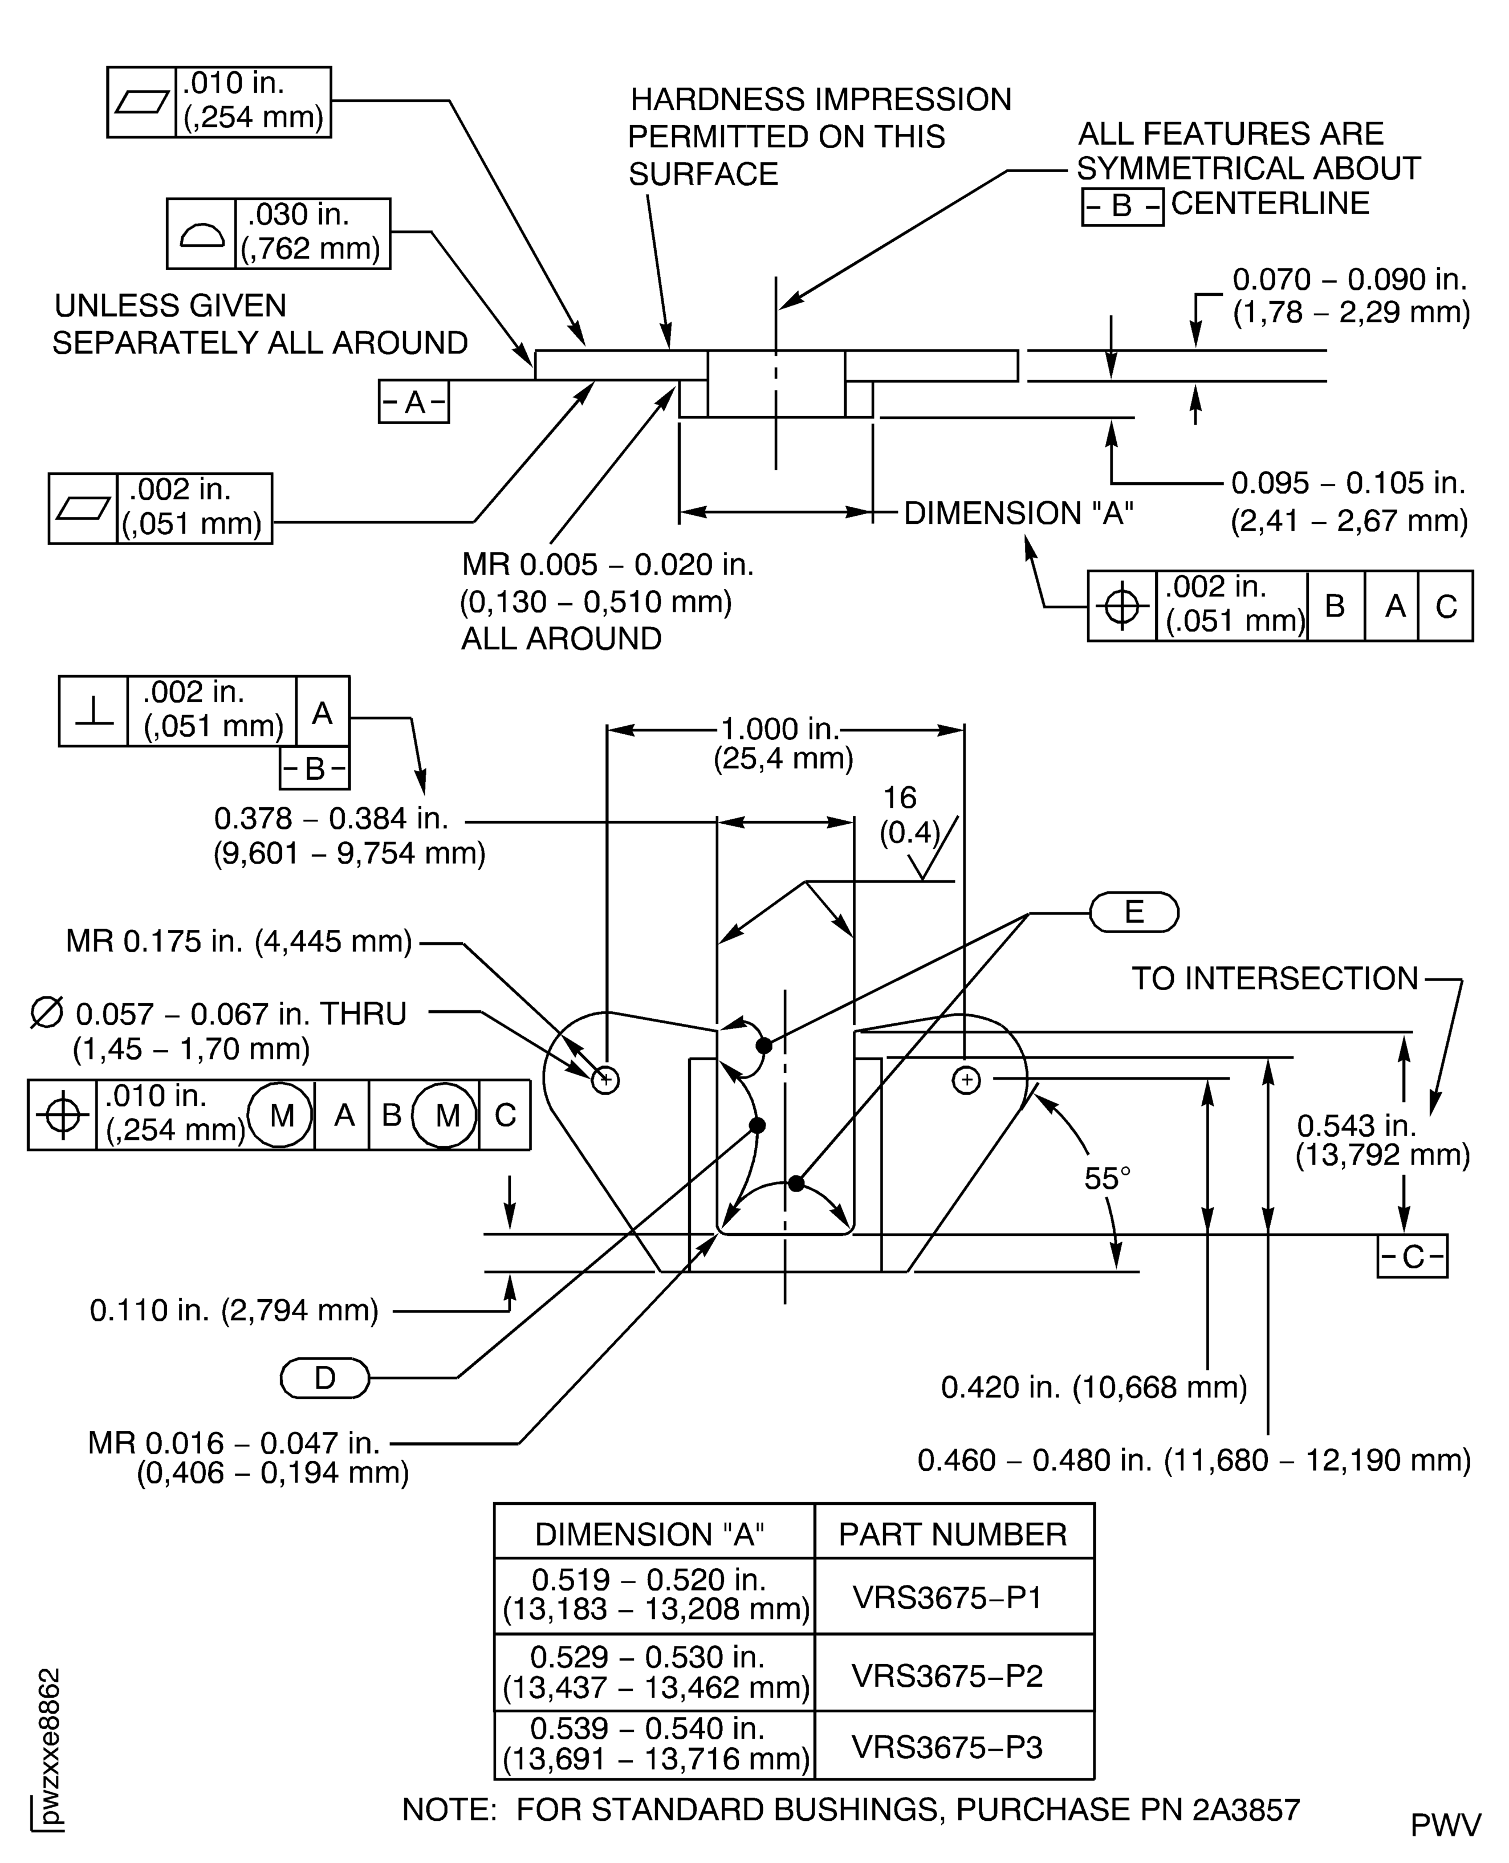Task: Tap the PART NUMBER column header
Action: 953,1535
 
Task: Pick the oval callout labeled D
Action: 324,1378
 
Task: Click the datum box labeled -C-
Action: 1412,1256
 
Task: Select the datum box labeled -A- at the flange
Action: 414,402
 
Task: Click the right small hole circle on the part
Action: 967,1081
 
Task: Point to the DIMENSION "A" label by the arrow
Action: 1019,513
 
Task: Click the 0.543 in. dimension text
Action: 1356,1126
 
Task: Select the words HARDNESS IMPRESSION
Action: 820,100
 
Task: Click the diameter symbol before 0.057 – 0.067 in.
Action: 47,1014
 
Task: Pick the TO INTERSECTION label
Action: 1274,979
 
